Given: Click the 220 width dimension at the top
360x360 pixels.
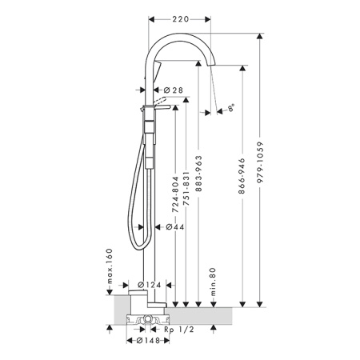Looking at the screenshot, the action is [x=180, y=19].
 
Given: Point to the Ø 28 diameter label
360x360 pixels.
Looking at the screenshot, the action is [x=174, y=90].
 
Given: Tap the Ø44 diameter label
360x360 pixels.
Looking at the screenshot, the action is [x=175, y=227].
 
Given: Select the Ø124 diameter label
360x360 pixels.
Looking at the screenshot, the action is [x=150, y=285].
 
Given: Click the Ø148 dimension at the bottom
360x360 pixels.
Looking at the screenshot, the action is [x=148, y=341].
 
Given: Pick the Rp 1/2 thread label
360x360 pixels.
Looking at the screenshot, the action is [x=179, y=330].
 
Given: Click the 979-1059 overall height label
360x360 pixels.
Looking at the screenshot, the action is [x=260, y=162].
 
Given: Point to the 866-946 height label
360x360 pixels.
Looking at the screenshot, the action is [x=242, y=176].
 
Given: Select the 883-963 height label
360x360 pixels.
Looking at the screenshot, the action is [x=198, y=174].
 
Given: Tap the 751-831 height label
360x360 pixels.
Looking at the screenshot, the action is [x=186, y=189].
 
